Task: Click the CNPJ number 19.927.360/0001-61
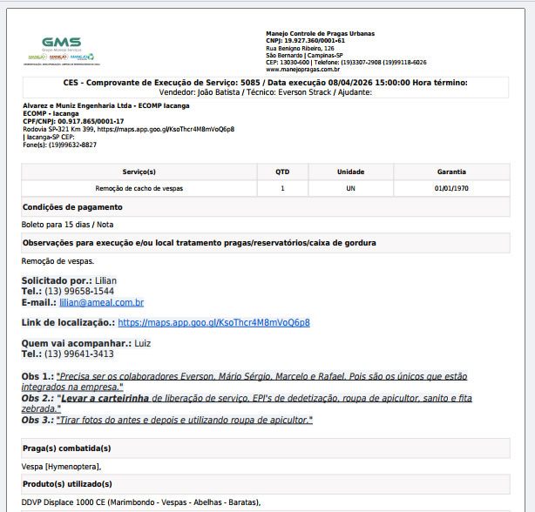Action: pyautogui.click(x=314, y=40)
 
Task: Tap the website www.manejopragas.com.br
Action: pyautogui.click(x=302, y=69)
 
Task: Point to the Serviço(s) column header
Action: pyautogui.click(x=139, y=172)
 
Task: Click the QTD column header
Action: pyautogui.click(x=282, y=172)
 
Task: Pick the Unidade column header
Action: pyautogui.click(x=350, y=172)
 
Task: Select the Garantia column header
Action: pyautogui.click(x=451, y=172)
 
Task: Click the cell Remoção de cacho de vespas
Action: pyautogui.click(x=139, y=188)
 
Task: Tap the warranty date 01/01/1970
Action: pyautogui.click(x=451, y=188)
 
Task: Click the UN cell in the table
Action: pyautogui.click(x=350, y=188)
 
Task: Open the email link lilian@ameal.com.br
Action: pyautogui.click(x=101, y=302)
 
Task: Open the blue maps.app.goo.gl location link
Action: pyautogui.click(x=213, y=322)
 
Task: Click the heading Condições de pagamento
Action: pyautogui.click(x=72, y=207)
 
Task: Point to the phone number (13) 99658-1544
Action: pyautogui.click(x=79, y=291)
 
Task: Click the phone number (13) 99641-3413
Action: pyautogui.click(x=79, y=354)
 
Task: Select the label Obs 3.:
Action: pyautogui.click(x=37, y=420)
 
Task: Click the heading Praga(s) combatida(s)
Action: pyautogui.click(x=67, y=448)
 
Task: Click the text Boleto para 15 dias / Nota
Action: pyautogui.click(x=68, y=225)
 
